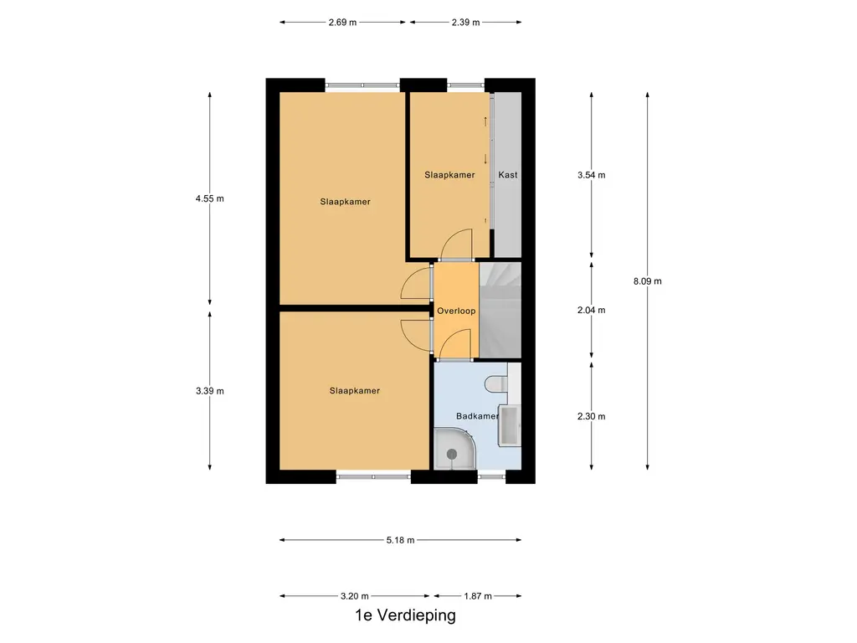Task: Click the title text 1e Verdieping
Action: [x=405, y=616]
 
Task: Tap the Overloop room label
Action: [x=456, y=311]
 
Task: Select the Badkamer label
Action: [x=477, y=416]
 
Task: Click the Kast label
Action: [x=507, y=175]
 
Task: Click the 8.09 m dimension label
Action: [x=648, y=281]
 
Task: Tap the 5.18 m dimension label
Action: [x=400, y=540]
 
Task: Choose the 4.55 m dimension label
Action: [x=209, y=198]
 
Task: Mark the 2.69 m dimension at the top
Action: [x=343, y=23]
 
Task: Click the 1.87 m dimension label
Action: [x=477, y=596]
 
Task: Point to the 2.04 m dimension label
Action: [x=592, y=310]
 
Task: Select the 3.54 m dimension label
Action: [x=592, y=175]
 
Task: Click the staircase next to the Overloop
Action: [x=500, y=310]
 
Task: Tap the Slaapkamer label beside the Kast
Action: [x=449, y=175]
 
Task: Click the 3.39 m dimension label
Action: [x=209, y=391]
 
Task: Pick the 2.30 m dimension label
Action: [x=592, y=416]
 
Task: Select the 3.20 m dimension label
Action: [x=355, y=596]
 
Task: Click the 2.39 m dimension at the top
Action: [x=465, y=23]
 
